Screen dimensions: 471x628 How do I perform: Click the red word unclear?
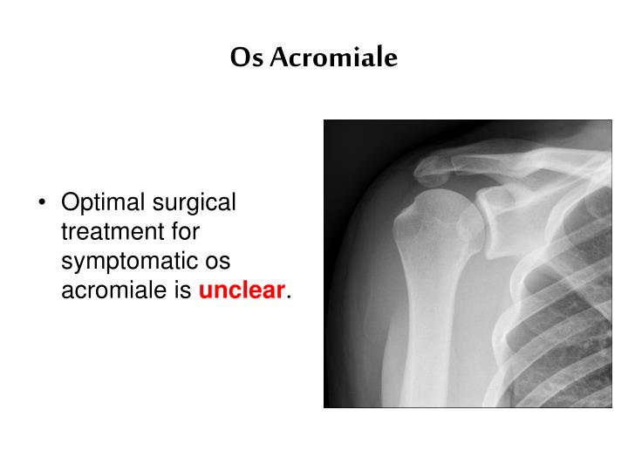point(242,291)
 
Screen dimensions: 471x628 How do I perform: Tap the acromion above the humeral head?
point(431,170)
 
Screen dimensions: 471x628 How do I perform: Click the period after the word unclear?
point(288,297)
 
